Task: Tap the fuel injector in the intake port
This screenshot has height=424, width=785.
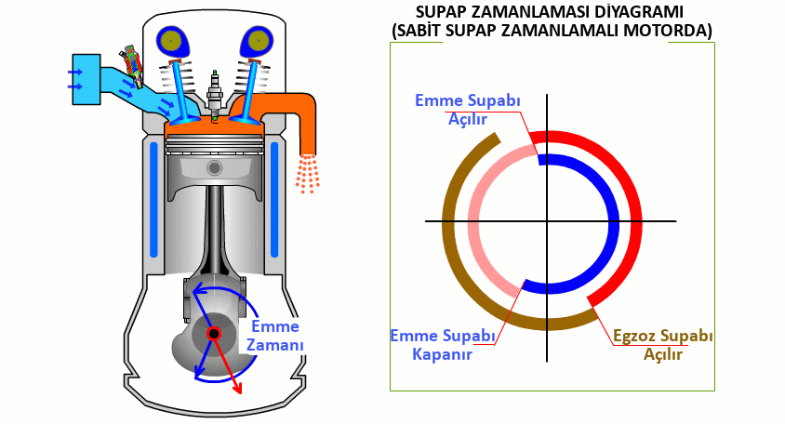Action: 131,66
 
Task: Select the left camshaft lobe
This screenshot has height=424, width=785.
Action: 173,40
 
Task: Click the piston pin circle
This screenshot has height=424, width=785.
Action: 215,167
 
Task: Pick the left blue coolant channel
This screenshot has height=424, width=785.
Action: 153,199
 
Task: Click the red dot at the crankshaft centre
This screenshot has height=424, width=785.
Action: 214,333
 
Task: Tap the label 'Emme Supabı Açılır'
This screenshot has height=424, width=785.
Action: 466,109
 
